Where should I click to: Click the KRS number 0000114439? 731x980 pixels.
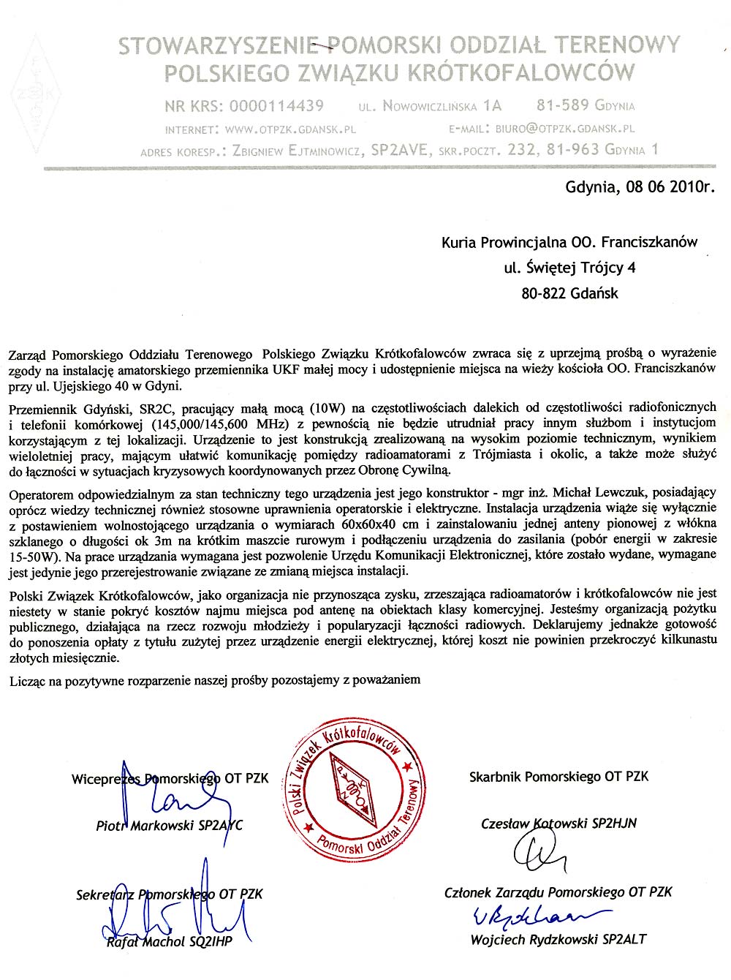[x=276, y=106]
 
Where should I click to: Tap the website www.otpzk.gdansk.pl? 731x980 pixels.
[x=290, y=129]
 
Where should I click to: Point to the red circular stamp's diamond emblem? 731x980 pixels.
[x=352, y=788]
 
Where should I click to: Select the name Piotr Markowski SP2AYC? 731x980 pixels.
[x=169, y=826]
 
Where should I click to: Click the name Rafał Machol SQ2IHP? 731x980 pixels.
[x=169, y=942]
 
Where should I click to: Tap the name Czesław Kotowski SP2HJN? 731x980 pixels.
[x=558, y=823]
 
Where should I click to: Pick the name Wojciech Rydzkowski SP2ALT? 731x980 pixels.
[x=558, y=940]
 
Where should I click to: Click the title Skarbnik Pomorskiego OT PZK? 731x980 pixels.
[x=558, y=777]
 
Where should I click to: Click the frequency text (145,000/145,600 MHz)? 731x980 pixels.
[x=227, y=423]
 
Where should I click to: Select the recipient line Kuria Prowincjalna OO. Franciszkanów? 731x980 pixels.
[x=569, y=242]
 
